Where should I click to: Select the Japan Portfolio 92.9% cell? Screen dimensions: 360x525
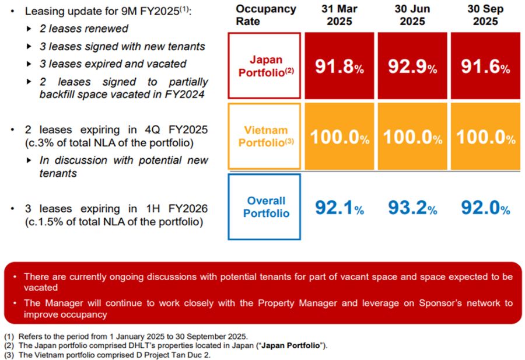412,66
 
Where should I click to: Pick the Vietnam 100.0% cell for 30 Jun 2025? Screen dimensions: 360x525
412,137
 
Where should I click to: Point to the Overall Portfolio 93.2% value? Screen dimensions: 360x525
412,207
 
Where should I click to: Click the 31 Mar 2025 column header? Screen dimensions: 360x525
339,15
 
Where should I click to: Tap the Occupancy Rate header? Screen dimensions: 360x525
265,15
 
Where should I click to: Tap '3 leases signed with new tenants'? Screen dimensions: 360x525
122,46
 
